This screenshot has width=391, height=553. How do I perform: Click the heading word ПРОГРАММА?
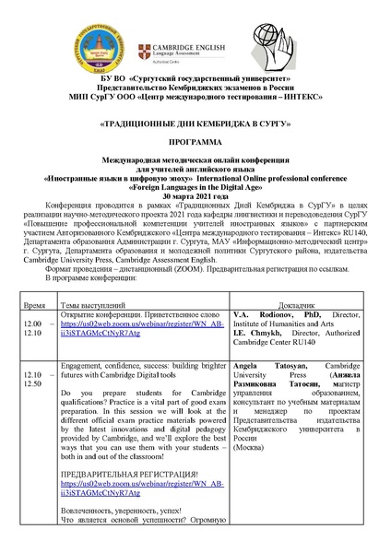pos(195,146)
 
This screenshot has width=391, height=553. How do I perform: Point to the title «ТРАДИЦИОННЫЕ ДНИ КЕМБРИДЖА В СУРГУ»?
pos(195,121)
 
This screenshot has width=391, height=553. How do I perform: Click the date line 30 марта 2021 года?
pos(195,197)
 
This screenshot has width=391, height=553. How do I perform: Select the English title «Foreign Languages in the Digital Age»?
pos(195,189)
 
